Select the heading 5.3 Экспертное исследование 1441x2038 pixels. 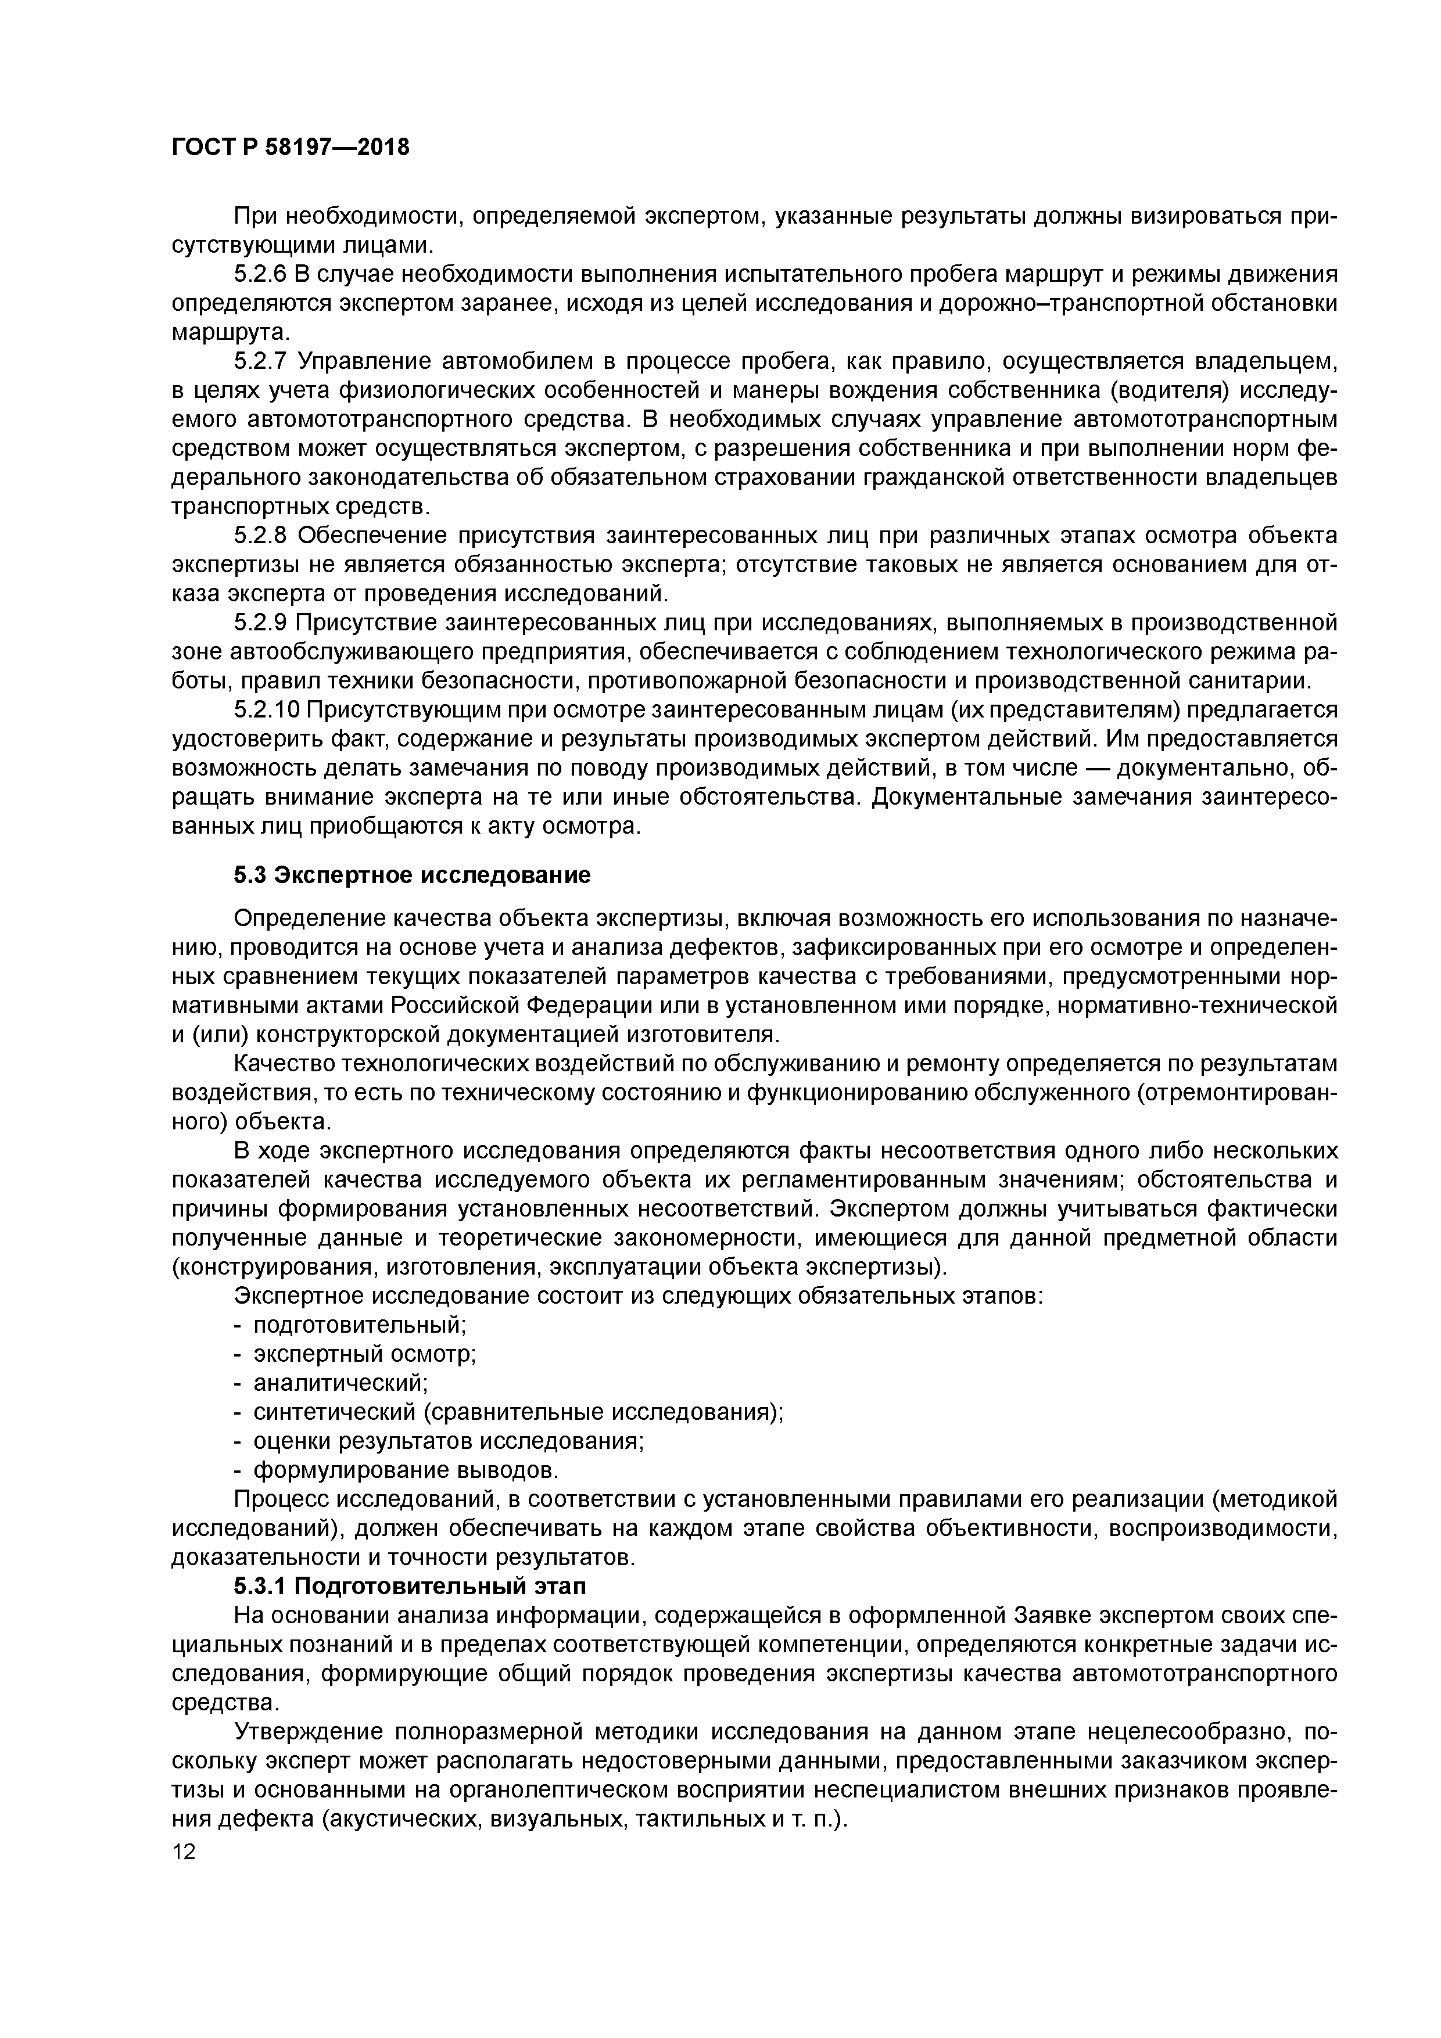(x=412, y=875)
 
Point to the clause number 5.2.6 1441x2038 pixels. (x=261, y=274)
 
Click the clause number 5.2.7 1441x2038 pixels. (x=261, y=361)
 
